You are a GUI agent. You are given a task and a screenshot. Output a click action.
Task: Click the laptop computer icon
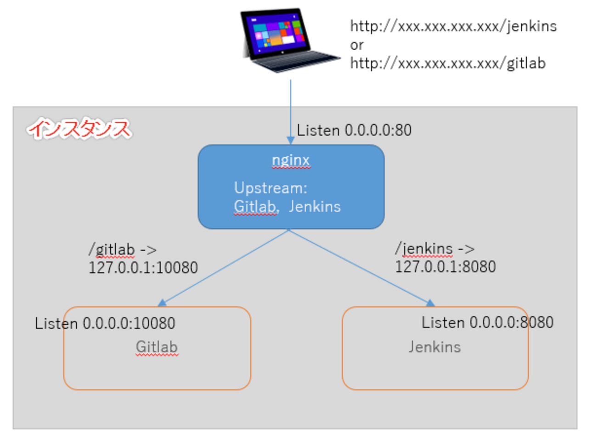[x=287, y=40]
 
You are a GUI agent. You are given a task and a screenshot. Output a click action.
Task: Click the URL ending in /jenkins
[x=453, y=27]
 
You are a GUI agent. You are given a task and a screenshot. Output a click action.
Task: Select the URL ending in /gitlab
[x=448, y=63]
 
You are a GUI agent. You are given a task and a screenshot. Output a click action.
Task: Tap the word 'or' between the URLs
[x=357, y=45]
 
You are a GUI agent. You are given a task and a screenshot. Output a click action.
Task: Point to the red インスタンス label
[x=79, y=129]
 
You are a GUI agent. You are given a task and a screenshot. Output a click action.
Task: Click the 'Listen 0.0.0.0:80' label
[x=354, y=131]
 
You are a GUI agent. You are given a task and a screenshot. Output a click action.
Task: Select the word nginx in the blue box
[x=291, y=160]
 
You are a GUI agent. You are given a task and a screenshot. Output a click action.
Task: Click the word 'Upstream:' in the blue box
[x=270, y=188]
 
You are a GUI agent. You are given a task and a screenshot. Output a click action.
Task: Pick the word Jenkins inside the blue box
[x=315, y=207]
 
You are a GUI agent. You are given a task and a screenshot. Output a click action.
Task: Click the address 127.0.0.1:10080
[x=143, y=268]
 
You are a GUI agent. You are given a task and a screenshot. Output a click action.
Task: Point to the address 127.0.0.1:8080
[x=445, y=267]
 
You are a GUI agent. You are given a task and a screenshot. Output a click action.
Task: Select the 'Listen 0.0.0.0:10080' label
[x=105, y=323]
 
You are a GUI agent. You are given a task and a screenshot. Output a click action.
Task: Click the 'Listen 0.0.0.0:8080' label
[x=487, y=322]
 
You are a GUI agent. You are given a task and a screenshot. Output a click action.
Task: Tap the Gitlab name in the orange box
[x=157, y=347]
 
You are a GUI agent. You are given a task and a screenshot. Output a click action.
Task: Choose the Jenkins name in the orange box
[x=434, y=347]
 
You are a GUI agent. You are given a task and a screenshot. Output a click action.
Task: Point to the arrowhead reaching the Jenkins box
[x=430, y=303]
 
